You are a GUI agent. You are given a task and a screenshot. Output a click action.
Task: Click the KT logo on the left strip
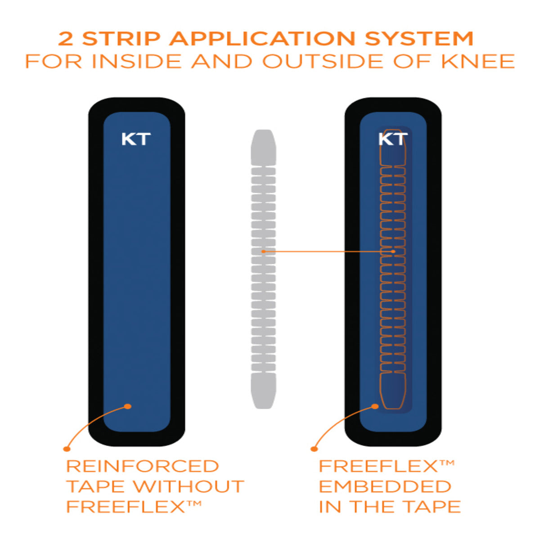(135, 139)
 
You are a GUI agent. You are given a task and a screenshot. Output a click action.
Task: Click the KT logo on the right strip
(393, 139)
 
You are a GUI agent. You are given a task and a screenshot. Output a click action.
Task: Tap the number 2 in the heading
(66, 39)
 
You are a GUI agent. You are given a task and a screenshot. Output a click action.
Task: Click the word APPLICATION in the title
(263, 39)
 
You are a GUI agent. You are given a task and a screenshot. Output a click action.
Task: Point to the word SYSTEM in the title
(419, 39)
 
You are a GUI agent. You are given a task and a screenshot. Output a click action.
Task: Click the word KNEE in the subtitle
(477, 61)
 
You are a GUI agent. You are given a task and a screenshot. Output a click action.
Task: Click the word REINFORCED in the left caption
(143, 466)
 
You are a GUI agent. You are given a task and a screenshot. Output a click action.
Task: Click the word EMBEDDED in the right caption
(385, 486)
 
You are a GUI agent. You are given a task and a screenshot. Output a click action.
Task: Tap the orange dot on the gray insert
(264, 251)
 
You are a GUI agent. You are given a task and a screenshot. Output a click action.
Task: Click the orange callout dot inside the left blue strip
(128, 406)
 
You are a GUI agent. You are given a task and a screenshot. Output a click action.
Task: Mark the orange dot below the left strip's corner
(67, 448)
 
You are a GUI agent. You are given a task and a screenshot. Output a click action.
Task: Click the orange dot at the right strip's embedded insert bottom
(375, 406)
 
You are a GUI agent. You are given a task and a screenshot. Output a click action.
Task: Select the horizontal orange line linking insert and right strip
(328, 251)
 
